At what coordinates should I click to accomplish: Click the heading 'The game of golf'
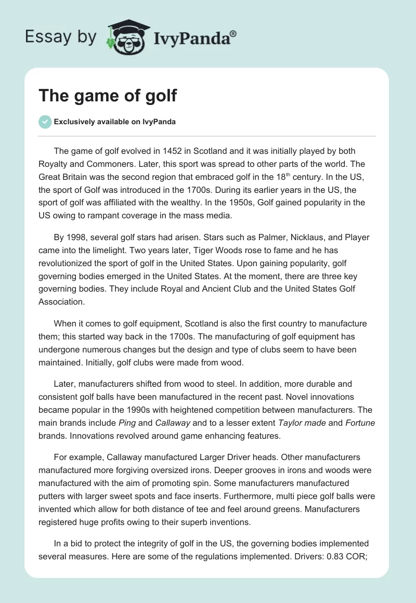108,96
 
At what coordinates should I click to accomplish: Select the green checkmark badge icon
45,122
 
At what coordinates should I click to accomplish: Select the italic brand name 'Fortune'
360,423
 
